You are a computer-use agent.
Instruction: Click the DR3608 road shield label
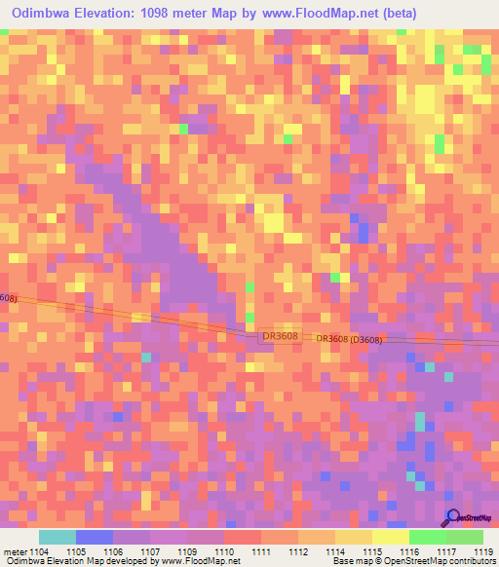(280, 336)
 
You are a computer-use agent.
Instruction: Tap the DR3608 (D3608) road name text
(348, 339)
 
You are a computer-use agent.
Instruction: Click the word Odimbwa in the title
(46, 14)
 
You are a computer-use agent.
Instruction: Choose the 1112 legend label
(298, 551)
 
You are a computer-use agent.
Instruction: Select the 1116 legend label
(409, 551)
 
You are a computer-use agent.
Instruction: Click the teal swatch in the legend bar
(58, 537)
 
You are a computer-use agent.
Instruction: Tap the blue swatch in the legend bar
(95, 537)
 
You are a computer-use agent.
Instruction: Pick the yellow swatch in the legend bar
(391, 537)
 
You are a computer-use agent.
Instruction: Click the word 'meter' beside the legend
(16, 551)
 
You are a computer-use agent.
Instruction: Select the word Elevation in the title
(108, 14)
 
